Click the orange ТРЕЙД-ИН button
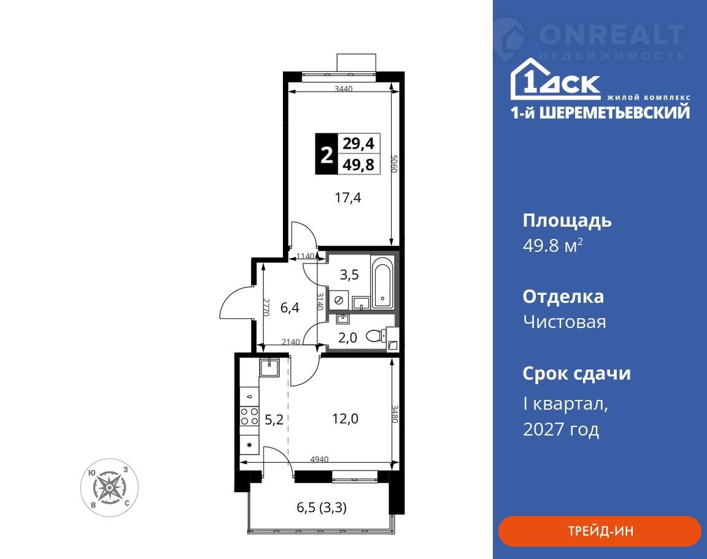(600, 531)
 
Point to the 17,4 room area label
(347, 198)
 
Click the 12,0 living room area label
(346, 419)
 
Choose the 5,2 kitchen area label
(274, 420)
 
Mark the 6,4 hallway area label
(290, 308)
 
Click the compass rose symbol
(110, 488)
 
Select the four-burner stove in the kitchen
(249, 416)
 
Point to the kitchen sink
(270, 366)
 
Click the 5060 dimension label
(394, 164)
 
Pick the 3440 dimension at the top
(343, 89)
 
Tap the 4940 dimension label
(319, 459)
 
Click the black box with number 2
(326, 154)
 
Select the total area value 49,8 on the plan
(358, 165)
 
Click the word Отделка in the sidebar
(563, 297)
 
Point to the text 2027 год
(561, 429)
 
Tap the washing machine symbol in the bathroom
(338, 300)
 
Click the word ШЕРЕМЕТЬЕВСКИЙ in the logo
(614, 112)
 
